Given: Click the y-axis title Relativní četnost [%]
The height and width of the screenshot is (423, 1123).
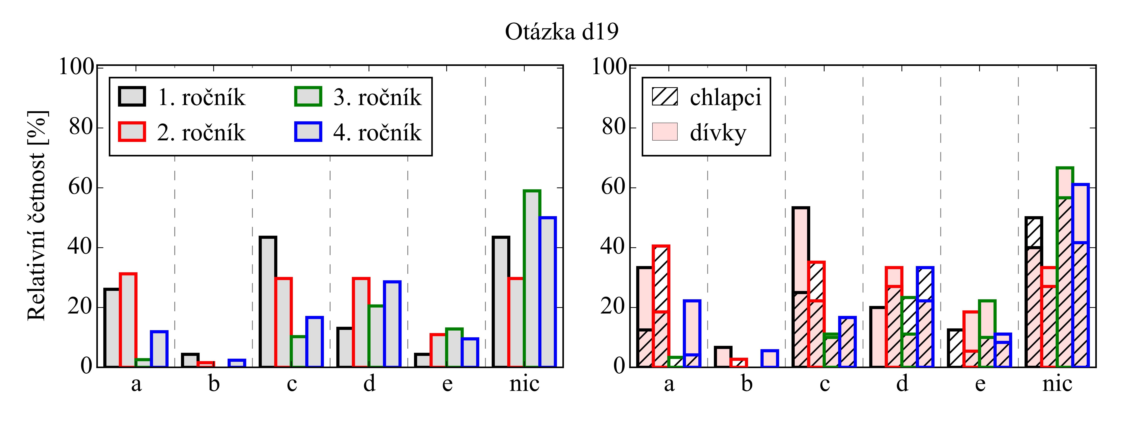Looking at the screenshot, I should [37, 216].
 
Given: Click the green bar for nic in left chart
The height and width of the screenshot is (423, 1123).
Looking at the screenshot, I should [532, 279].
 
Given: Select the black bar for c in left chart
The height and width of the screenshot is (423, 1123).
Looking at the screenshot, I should [268, 302].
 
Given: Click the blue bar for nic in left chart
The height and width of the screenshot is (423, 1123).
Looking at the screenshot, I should [547, 292].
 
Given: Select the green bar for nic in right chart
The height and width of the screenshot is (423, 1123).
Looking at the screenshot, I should [1065, 267].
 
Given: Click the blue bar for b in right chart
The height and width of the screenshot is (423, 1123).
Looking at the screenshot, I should [769, 358].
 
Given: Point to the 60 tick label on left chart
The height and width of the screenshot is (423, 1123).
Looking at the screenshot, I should [81, 188].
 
